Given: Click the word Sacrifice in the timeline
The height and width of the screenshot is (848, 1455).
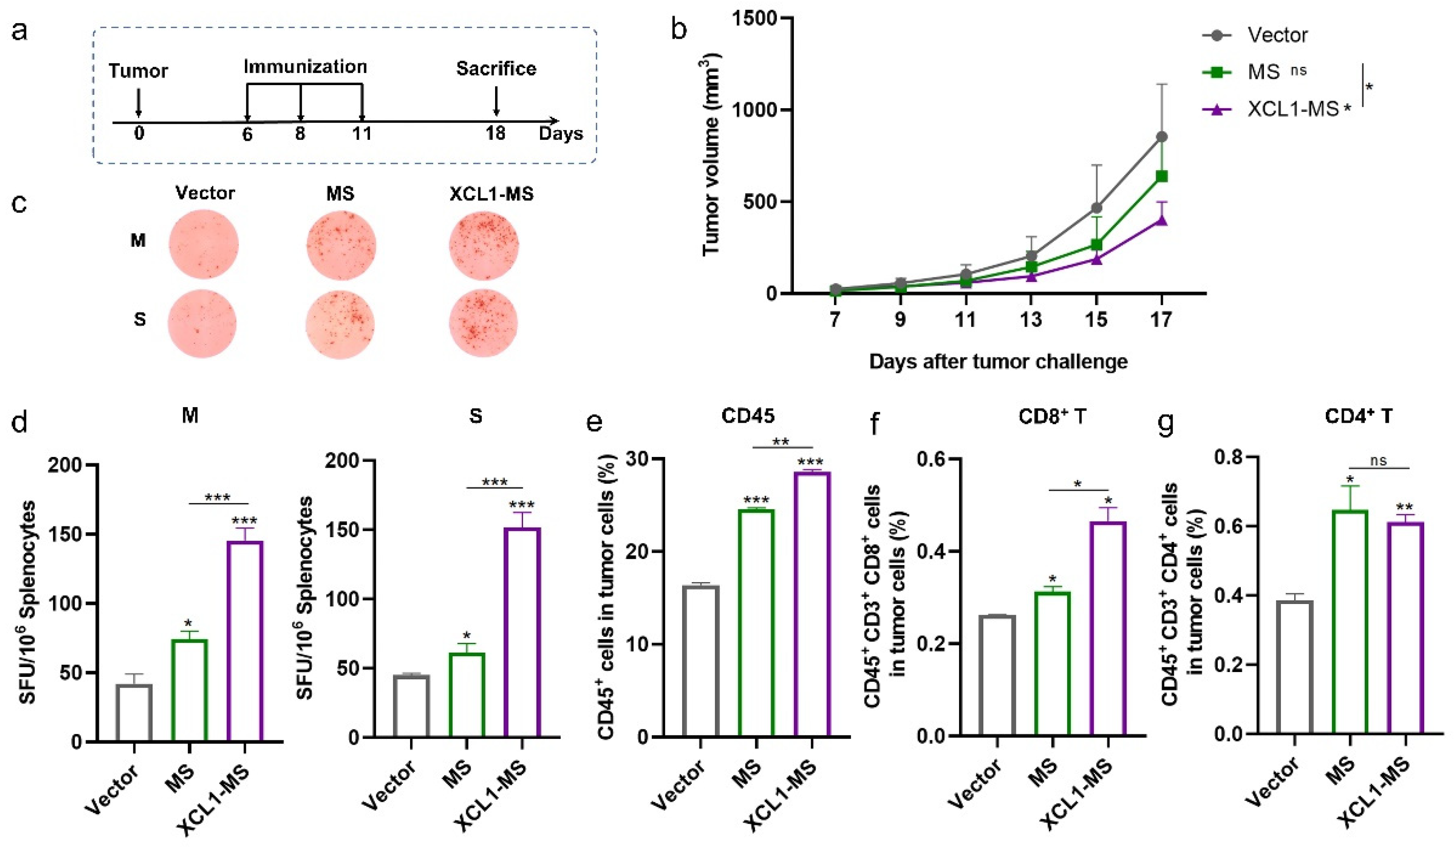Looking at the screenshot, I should click(496, 69).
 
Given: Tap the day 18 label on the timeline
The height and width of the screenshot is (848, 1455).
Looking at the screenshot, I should click(496, 134).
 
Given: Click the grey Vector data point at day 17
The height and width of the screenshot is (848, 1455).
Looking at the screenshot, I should click(1162, 137).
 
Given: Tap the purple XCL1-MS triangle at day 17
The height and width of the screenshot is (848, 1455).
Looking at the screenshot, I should click(1162, 220).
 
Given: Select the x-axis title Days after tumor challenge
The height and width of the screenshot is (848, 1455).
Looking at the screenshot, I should click(998, 362).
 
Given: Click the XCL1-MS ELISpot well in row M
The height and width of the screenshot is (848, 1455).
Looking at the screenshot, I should click(484, 245).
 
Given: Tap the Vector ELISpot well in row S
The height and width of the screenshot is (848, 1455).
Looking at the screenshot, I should click(203, 324).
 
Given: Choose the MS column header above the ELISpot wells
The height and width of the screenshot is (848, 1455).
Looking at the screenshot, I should click(340, 193).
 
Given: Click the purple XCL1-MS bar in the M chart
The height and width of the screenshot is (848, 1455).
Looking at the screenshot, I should click(245, 641).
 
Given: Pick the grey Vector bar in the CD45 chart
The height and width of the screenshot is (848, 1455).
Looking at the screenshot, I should click(700, 661).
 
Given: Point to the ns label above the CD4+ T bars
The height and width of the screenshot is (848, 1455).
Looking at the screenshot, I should click(1378, 461).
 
